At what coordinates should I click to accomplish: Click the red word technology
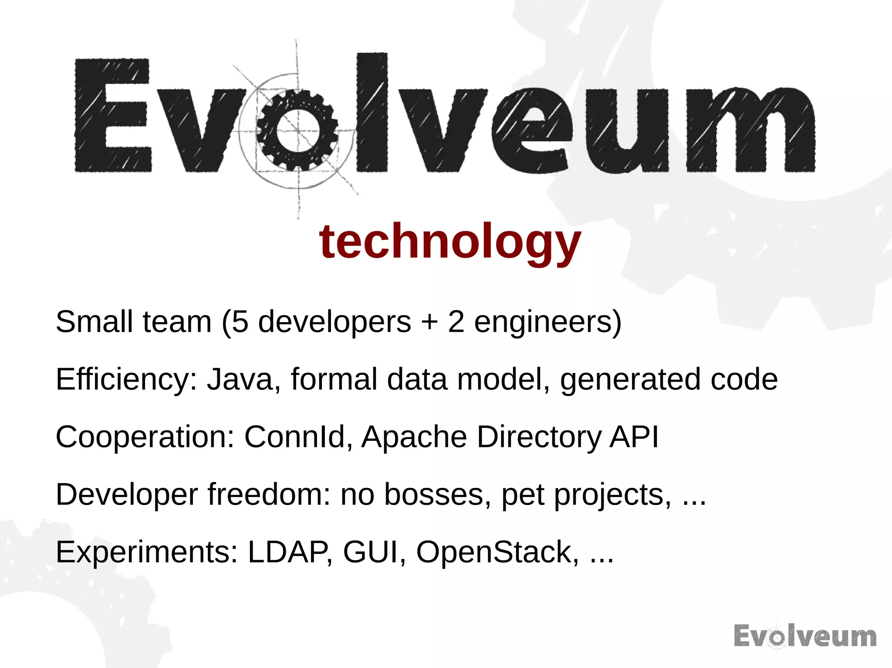pos(450,242)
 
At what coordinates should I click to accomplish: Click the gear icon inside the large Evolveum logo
pos(297,131)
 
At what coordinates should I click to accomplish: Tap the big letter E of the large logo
pos(113,115)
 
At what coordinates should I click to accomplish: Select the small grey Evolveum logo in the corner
pos(805,636)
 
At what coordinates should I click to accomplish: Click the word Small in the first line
pos(94,322)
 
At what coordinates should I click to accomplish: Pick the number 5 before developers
pos(240,322)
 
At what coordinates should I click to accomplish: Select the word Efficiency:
pos(126,379)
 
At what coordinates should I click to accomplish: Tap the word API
pos(634,437)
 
